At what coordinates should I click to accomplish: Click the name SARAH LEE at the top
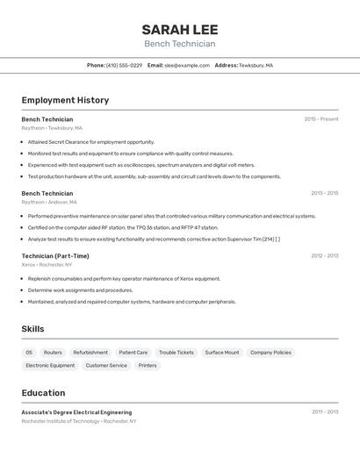179,29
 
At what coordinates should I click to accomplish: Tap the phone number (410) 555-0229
124,65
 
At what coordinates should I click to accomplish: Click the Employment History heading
65,100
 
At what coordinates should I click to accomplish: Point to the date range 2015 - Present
320,119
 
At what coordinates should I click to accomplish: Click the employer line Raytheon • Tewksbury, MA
51,128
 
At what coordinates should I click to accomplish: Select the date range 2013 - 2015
324,193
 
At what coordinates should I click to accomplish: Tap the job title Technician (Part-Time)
55,256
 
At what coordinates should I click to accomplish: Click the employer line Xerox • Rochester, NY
47,264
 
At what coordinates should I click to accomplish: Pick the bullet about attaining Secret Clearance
91,142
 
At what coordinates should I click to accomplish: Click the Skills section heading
33,329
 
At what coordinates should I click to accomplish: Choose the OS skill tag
29,353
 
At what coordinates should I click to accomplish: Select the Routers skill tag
53,353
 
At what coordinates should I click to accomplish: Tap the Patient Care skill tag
133,353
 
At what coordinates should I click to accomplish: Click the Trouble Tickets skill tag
176,353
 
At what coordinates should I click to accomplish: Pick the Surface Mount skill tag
222,353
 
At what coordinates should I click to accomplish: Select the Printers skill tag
148,365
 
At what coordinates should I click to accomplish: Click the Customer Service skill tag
106,365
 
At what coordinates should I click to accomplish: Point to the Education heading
43,393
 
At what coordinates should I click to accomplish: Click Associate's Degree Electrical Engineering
76,412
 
